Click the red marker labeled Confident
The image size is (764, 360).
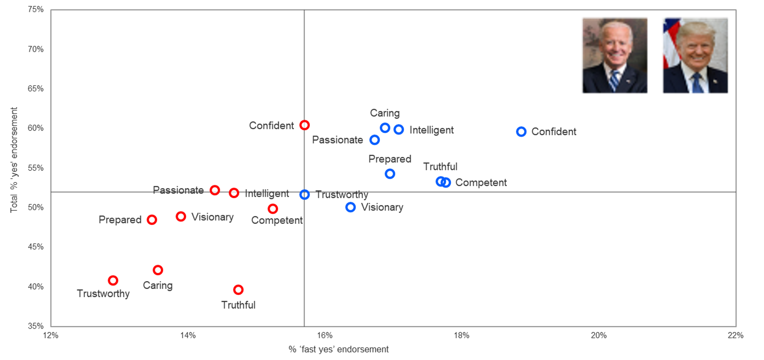(x=305, y=125)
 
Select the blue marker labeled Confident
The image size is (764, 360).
(x=521, y=132)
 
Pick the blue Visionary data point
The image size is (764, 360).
(x=351, y=207)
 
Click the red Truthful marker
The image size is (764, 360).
(x=238, y=289)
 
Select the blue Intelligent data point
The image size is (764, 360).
(x=399, y=129)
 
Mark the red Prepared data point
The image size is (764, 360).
(x=152, y=220)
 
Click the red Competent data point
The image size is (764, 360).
(x=273, y=209)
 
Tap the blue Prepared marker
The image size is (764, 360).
(x=390, y=174)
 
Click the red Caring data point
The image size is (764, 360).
(x=158, y=270)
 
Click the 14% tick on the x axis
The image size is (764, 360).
(x=188, y=335)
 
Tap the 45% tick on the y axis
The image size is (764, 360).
(x=36, y=247)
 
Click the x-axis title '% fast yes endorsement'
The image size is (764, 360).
(x=339, y=349)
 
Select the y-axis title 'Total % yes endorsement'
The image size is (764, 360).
(x=14, y=160)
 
